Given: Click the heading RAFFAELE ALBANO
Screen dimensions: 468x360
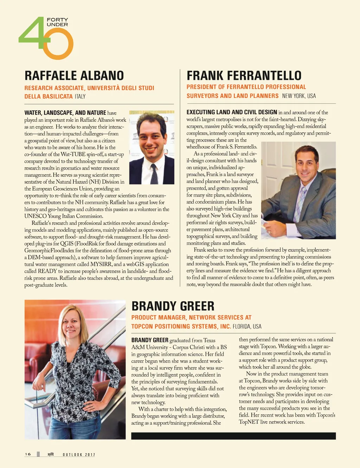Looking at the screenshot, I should click(x=74, y=76).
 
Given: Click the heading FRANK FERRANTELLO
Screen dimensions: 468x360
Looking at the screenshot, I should click(x=244, y=76).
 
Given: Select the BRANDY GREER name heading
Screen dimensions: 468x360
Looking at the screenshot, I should click(x=173, y=306).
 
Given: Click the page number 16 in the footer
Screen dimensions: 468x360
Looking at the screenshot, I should click(x=28, y=454).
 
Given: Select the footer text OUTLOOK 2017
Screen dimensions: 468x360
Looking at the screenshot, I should click(x=79, y=455).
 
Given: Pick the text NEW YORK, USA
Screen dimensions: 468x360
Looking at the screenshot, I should click(x=299, y=96).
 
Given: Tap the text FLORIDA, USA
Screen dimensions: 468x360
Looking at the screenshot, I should click(x=247, y=326).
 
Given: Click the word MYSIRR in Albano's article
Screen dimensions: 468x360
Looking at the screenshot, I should click(x=101, y=264).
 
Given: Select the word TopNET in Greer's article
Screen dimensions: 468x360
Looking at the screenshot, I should click(x=249, y=422).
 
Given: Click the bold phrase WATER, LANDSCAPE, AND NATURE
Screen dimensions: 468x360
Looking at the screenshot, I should click(x=65, y=113).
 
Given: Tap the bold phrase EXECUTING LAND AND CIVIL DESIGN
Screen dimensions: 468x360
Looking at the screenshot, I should click(x=232, y=112).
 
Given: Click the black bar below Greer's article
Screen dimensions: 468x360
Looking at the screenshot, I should click(x=233, y=436).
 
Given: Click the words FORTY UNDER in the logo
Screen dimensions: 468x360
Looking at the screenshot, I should click(x=57, y=22).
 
